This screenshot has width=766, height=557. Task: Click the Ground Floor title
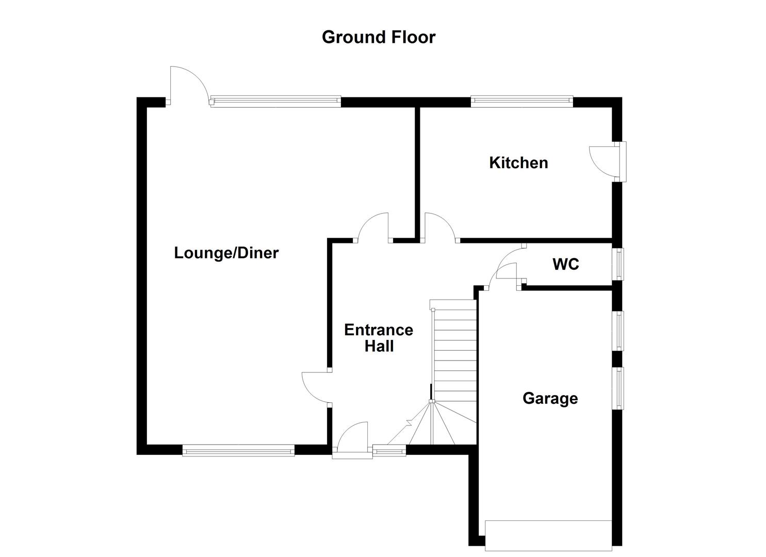point(379,37)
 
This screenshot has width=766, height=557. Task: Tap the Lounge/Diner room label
point(226,253)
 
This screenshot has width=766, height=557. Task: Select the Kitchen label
point(518,163)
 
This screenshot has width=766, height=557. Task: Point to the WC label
point(566,265)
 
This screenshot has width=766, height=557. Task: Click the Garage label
point(550,398)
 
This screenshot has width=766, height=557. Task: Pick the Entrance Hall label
point(379,338)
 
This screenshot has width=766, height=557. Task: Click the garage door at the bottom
point(548,535)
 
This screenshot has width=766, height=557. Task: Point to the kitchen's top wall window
point(521,101)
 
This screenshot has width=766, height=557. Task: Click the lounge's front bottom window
point(238,451)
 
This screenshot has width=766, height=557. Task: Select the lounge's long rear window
point(275,101)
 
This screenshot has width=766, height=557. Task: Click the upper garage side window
point(618,331)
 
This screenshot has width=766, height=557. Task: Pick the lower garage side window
point(618,388)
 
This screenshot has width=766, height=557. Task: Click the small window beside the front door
point(389,451)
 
